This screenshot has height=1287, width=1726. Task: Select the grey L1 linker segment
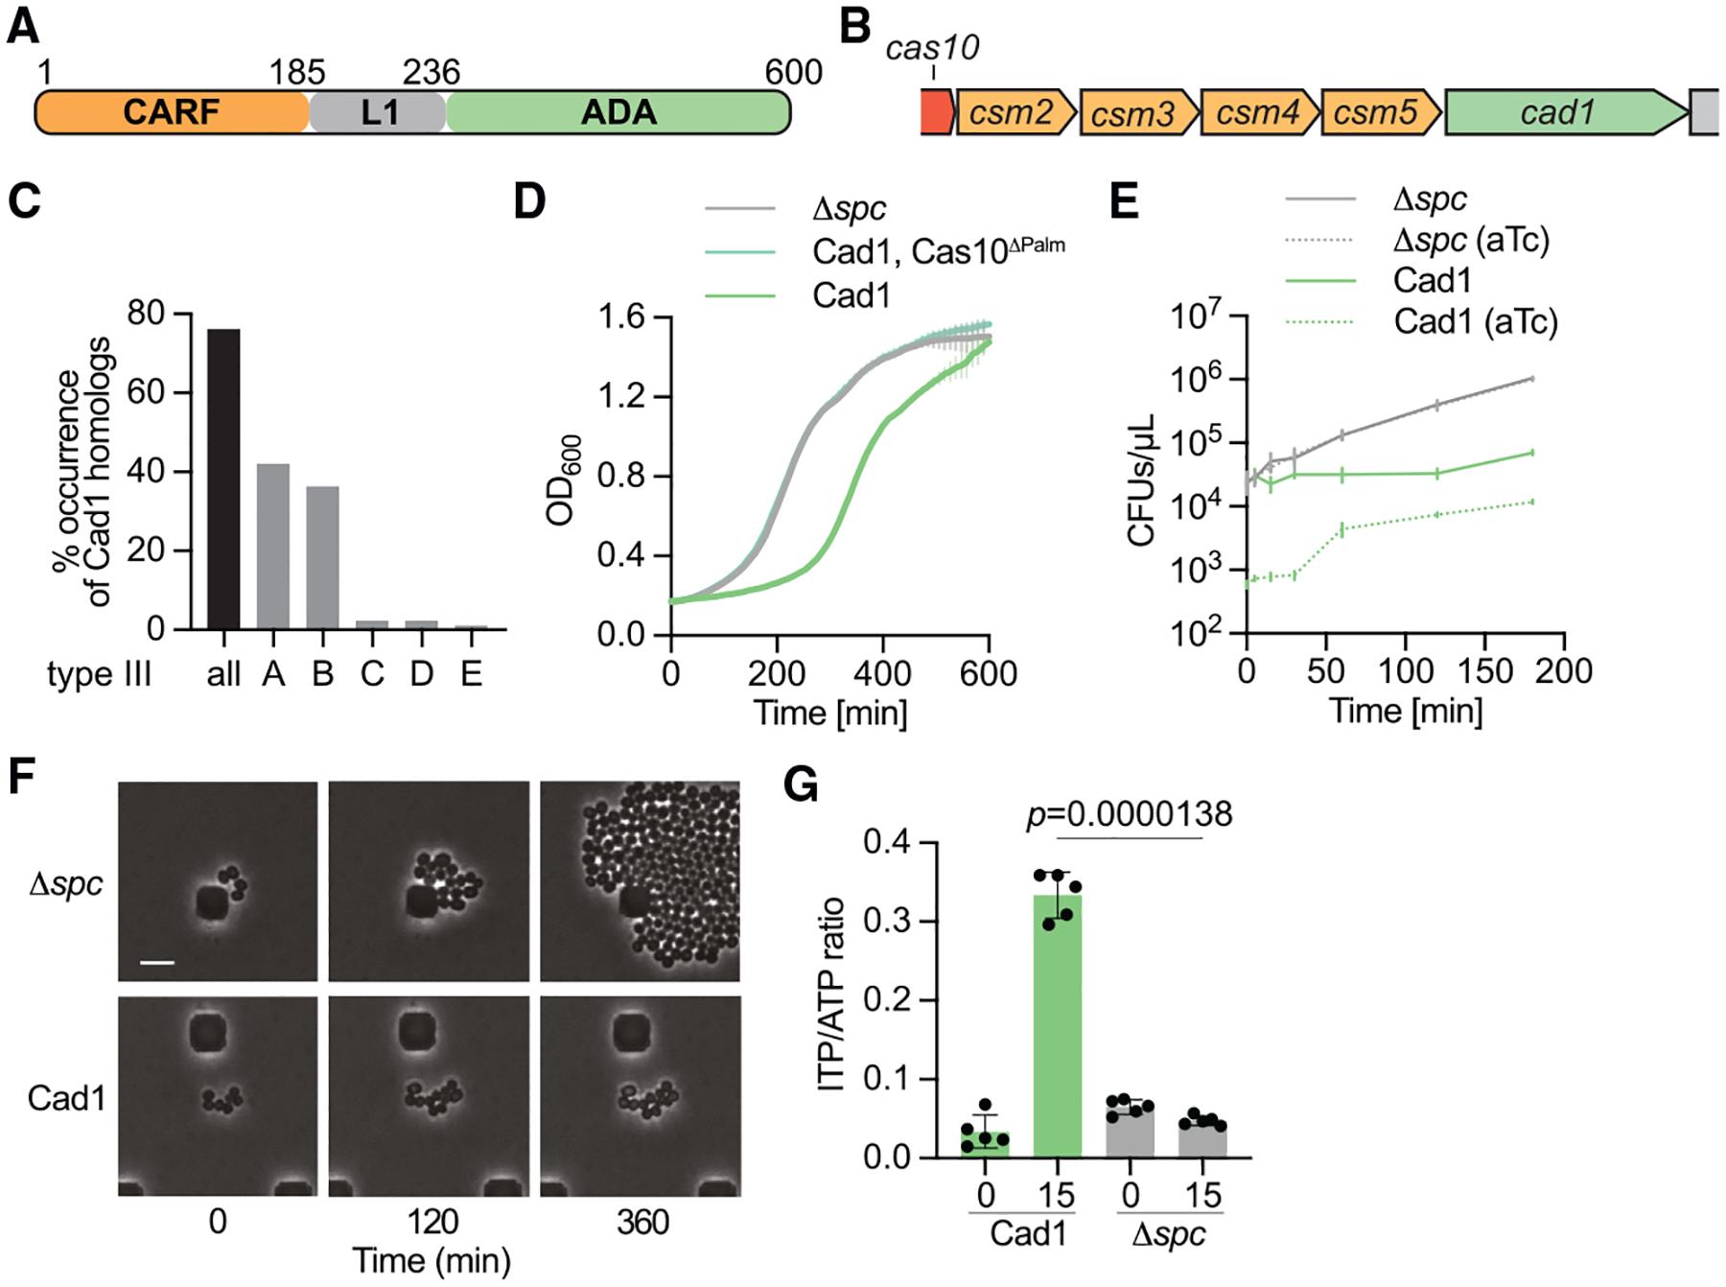[379, 113]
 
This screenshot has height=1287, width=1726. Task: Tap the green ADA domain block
[618, 113]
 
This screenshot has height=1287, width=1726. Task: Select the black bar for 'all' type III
[223, 479]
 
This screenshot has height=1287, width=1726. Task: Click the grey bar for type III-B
[322, 557]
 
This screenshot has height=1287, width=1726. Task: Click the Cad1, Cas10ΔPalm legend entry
[937, 251]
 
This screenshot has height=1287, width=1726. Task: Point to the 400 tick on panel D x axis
[882, 673]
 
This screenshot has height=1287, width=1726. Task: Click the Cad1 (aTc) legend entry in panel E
[1475, 321]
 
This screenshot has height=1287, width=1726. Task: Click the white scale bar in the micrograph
[158, 961]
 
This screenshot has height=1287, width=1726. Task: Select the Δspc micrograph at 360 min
[641, 881]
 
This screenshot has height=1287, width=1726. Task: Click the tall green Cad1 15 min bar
[1058, 1025]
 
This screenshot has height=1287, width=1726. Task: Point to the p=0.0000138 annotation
[1129, 814]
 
